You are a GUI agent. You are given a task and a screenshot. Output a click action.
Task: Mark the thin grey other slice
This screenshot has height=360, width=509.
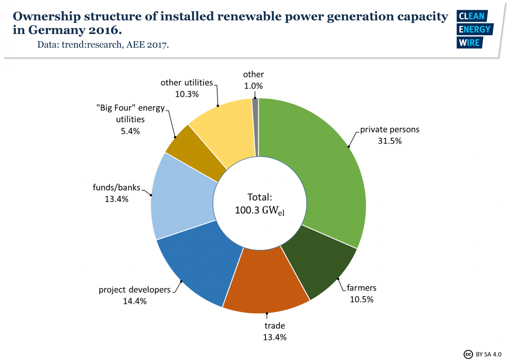pos(255,123)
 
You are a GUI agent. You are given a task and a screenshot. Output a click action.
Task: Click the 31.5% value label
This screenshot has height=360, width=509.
pos(389,141)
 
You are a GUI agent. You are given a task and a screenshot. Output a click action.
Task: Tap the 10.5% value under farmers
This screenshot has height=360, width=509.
pos(361,299)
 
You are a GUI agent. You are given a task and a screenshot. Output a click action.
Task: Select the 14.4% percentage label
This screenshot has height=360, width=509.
pos(135,301)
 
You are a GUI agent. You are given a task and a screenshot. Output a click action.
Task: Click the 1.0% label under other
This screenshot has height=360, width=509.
pos(253,86)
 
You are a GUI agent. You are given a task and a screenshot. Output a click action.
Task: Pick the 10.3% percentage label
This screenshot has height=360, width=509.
pos(187,94)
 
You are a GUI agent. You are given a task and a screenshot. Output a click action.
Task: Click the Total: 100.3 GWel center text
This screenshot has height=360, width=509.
pos(259,204)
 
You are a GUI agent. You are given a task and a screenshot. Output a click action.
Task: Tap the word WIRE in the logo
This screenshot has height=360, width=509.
pos(469,43)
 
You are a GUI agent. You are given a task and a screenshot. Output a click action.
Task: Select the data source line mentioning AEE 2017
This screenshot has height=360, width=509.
pos(103,45)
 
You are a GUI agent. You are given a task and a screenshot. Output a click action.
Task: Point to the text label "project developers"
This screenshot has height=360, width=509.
pos(134,290)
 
